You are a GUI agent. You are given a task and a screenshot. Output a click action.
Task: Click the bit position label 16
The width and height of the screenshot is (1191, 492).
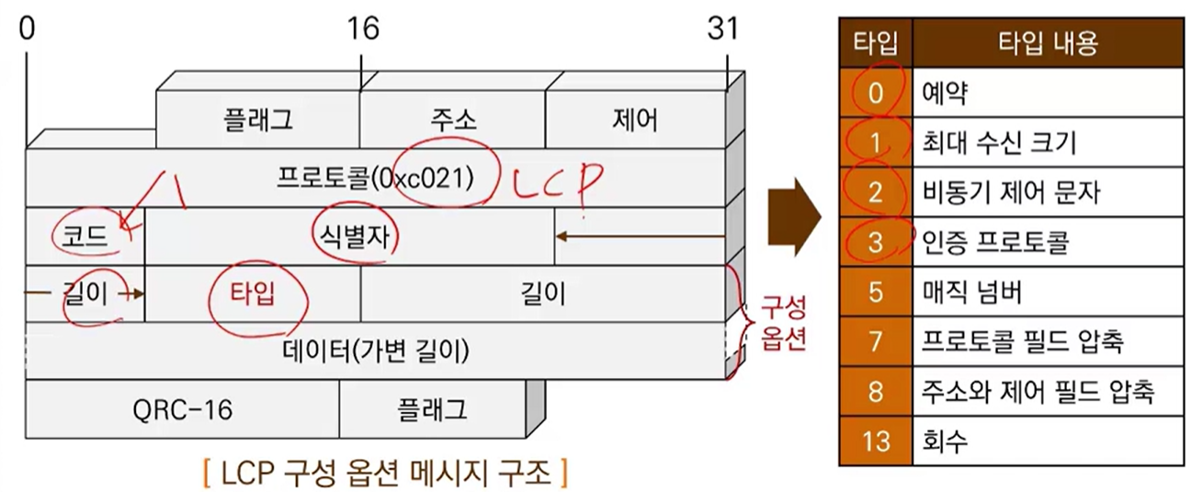tap(363, 29)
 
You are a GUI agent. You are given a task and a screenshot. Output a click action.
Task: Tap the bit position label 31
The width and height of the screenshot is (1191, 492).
tap(722, 29)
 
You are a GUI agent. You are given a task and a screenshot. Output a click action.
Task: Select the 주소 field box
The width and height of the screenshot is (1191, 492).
tap(453, 120)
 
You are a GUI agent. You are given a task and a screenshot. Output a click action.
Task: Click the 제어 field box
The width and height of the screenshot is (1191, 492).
tap(635, 120)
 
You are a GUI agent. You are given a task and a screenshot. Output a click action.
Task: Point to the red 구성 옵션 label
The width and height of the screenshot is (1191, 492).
tap(782, 324)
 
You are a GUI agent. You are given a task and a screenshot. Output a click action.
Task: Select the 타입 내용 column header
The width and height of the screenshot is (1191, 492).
tap(1048, 41)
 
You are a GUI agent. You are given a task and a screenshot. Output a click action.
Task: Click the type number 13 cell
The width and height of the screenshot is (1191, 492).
tap(876, 441)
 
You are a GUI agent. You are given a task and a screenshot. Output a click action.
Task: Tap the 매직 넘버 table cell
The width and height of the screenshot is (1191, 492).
tap(1048, 292)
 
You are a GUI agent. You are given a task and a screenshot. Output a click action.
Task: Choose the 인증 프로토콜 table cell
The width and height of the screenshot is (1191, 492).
tap(1048, 242)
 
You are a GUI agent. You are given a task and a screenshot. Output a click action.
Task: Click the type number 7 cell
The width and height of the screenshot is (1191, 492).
tap(876, 341)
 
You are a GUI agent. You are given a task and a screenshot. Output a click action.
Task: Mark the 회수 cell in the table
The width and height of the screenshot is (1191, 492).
tap(1048, 441)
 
